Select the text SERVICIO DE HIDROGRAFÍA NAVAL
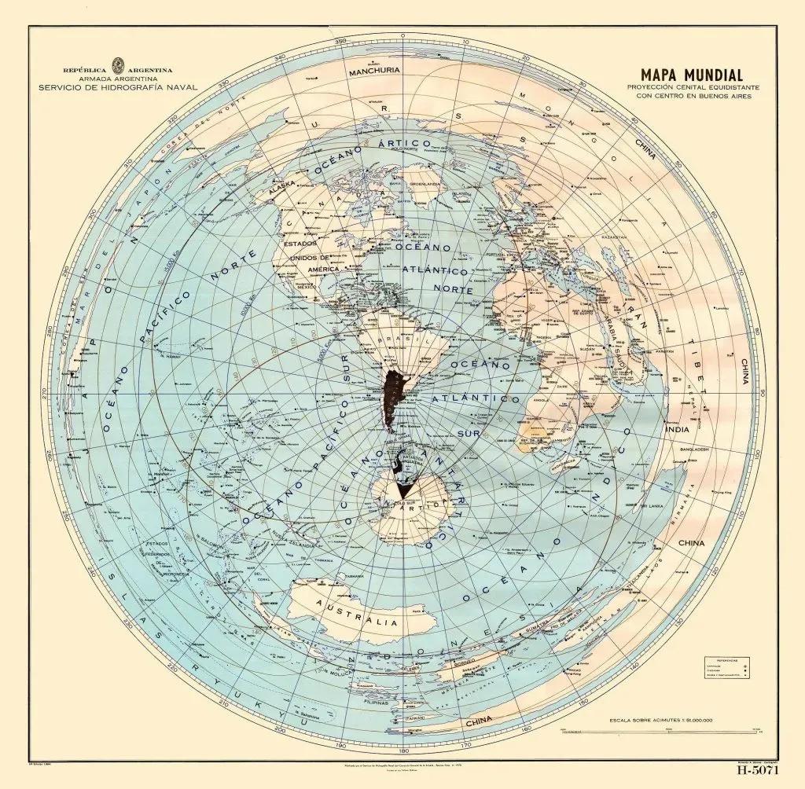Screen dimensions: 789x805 (x=118, y=88)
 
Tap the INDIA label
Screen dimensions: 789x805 (x=677, y=430)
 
